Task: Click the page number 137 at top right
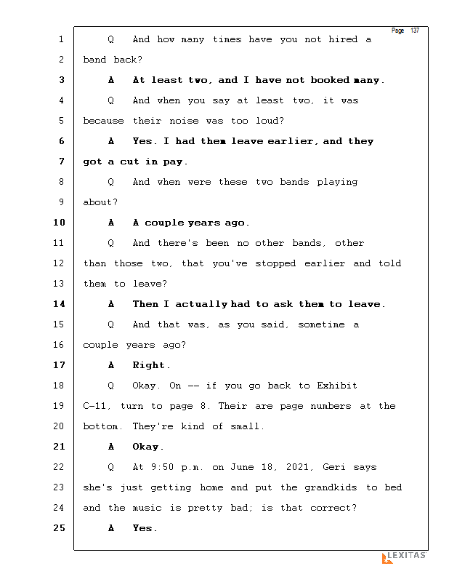[x=415, y=31]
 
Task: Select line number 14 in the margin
[x=59, y=304]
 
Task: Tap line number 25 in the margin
[x=59, y=528]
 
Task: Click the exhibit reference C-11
[x=98, y=406]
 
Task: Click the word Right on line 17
[x=150, y=365]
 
